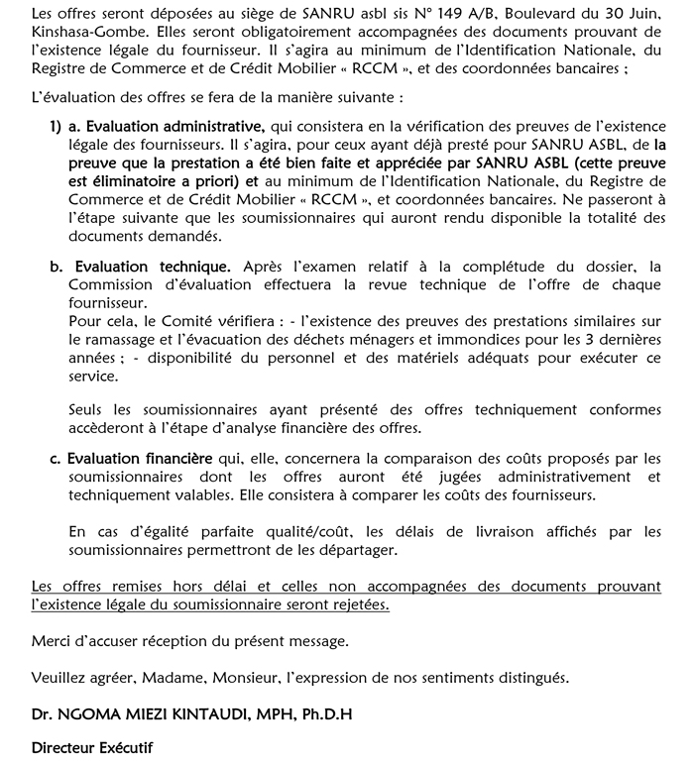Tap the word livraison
coord(474,532)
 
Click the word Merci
coord(51,641)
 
